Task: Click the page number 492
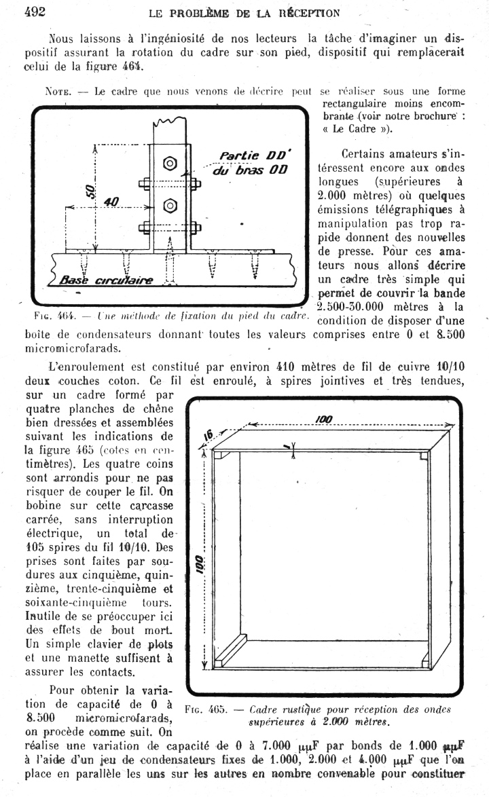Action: point(35,12)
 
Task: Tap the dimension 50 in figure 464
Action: point(88,192)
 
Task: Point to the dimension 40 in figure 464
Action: point(111,202)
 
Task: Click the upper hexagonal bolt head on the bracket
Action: point(170,163)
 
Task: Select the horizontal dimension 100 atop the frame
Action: point(324,420)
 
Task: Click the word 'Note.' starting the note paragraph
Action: point(58,91)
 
